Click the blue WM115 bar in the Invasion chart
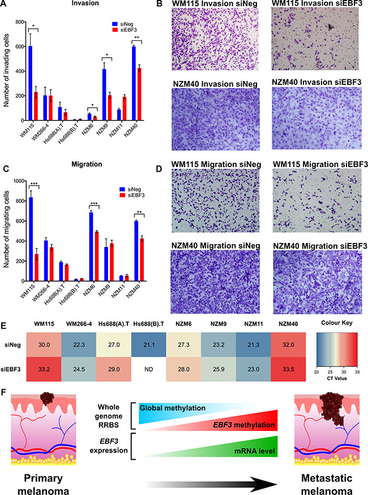31,83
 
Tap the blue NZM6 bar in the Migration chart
91,246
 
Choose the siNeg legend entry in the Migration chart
130,189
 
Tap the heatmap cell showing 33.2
44,369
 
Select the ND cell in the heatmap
149,369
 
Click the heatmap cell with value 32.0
288,345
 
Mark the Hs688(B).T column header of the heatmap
149,324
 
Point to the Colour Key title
337,323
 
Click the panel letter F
3,392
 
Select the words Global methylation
173,408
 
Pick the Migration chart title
87,164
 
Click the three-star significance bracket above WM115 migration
33,185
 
